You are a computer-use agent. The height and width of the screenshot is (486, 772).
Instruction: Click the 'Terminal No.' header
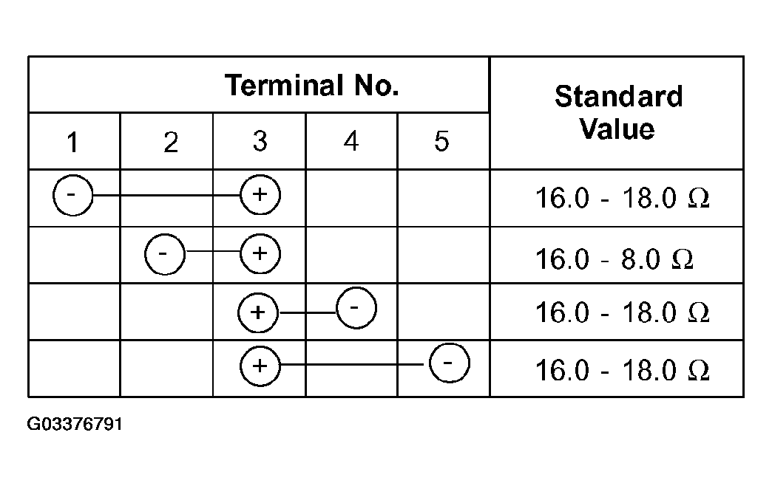coord(311,85)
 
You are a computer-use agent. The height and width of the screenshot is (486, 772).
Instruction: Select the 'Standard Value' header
coord(618,112)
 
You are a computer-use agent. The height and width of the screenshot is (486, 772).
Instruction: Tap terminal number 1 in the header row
coord(72,142)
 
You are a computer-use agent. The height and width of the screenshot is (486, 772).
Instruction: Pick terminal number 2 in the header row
coord(171,142)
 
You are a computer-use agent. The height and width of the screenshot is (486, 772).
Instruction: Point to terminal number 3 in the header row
coord(260,141)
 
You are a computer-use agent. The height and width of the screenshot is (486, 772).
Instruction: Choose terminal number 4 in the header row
coord(351,141)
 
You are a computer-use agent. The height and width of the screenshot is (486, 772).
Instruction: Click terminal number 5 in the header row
coord(441,141)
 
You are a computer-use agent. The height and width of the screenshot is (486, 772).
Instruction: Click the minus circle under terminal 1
coord(72,195)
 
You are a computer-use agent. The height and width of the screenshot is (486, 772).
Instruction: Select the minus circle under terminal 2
coord(165,254)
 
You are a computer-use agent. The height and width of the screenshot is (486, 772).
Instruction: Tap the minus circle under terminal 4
coord(356,308)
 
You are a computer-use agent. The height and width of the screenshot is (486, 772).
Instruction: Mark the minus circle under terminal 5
coord(450,363)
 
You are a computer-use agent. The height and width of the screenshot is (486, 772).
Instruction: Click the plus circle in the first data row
coord(260,195)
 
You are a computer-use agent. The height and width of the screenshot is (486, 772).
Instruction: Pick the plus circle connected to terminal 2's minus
coord(260,254)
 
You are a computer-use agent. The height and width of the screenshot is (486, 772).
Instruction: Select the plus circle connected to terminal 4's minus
coord(258,313)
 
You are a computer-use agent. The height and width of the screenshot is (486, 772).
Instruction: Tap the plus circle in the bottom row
coord(260,366)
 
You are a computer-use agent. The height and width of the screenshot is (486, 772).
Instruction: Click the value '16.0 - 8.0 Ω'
coord(614,259)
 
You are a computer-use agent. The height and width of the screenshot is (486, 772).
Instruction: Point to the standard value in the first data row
coord(623,198)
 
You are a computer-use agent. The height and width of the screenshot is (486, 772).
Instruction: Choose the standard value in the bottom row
coord(623,370)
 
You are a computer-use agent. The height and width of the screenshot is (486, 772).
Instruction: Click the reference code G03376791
coord(75,424)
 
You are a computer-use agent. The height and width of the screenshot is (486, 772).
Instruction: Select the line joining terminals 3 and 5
coord(352,365)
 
